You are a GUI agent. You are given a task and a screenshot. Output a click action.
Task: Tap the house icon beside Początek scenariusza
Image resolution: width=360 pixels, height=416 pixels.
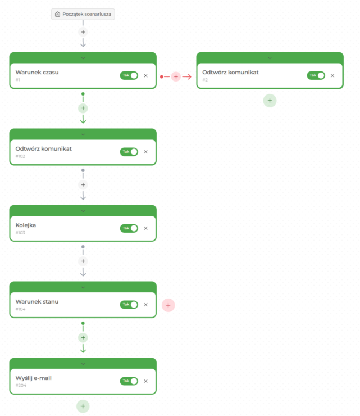(57, 14)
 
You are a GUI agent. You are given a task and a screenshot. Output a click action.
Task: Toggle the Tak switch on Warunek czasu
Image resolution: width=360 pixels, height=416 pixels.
(129, 75)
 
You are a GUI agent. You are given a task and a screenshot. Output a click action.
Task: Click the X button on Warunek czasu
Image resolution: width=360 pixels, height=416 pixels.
(146, 76)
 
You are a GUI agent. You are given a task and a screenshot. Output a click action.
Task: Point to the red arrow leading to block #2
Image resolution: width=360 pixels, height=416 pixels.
(187, 76)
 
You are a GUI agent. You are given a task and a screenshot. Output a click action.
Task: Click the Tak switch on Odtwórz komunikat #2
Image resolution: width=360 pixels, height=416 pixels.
(316, 75)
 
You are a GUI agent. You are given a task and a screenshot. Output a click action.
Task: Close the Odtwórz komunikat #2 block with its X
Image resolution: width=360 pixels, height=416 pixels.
(332, 76)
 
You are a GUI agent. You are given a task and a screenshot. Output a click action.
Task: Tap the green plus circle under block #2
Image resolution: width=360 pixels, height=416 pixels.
(270, 101)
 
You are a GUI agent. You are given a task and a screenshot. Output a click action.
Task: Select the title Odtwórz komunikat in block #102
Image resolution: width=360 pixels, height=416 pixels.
(43, 148)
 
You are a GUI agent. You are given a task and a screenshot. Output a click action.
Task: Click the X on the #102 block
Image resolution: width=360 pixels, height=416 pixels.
(146, 152)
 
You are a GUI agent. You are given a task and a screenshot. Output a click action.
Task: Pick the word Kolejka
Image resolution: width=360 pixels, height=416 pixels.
(26, 225)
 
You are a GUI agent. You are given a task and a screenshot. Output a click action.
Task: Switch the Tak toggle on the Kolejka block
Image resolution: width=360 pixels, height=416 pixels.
(129, 228)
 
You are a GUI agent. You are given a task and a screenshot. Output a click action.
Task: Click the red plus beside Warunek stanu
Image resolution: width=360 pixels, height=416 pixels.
(168, 305)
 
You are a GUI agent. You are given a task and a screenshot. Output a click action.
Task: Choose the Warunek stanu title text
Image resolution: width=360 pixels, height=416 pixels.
(37, 302)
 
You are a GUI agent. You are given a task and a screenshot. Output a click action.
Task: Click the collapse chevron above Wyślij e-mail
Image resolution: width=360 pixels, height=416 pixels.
(83, 364)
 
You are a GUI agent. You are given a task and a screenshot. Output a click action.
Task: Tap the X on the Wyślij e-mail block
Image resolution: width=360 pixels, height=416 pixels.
(146, 381)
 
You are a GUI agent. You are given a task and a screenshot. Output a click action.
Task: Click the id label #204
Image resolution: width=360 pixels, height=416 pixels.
(21, 385)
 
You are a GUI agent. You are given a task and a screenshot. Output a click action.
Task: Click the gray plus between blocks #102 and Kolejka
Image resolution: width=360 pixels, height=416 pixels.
(83, 184)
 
